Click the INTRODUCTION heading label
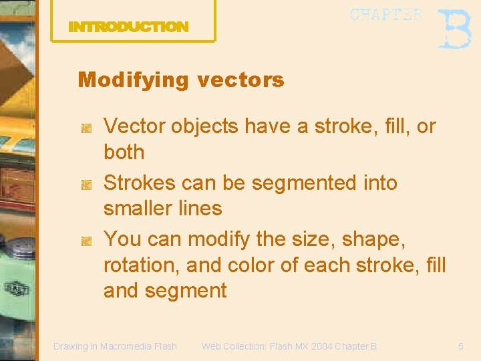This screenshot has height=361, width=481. (128, 27)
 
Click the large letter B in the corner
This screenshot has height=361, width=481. (454, 29)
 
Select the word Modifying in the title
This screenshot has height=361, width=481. (134, 80)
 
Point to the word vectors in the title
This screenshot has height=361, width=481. (240, 80)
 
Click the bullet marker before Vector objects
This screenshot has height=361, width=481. (86, 127)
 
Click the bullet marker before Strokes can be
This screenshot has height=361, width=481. (86, 184)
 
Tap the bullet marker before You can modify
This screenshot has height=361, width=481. (86, 240)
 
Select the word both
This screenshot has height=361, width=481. (124, 152)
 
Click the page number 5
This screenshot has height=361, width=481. (460, 346)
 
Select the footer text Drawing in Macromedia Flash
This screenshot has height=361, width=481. (115, 346)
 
